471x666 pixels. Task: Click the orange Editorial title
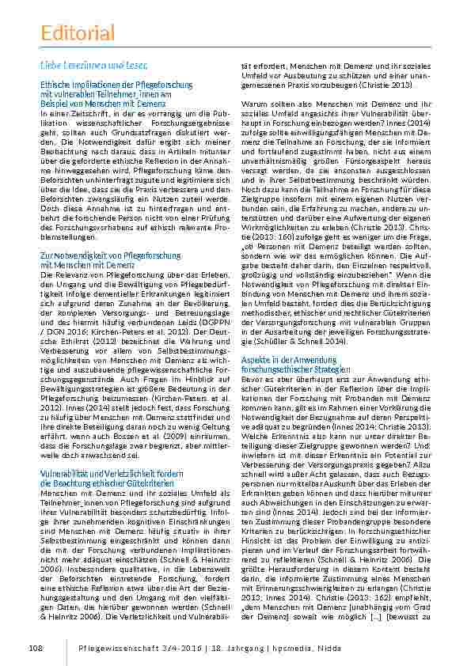point(66,32)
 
